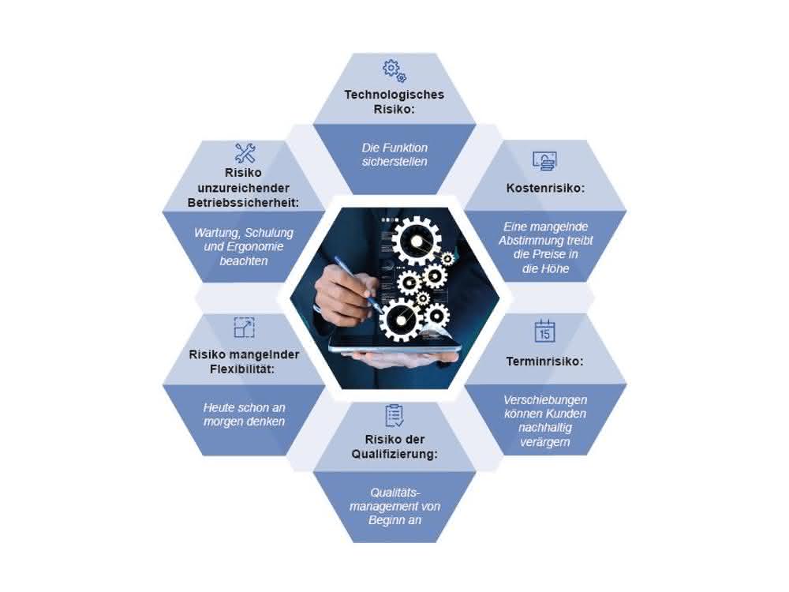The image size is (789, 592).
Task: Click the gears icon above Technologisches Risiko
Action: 394,71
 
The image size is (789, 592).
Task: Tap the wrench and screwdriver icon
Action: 245,153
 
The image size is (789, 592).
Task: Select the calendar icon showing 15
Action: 544,332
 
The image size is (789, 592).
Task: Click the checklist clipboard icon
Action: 394,415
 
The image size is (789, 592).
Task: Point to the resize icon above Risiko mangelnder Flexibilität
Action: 245,328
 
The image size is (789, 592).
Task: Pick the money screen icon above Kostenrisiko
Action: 544,160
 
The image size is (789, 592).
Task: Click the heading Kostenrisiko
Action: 545,189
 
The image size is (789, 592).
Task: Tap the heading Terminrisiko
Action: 545,362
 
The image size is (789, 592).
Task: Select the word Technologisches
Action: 394,96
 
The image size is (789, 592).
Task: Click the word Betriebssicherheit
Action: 243,203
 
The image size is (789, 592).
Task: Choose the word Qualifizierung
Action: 394,454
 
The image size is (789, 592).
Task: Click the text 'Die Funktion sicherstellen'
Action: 394,155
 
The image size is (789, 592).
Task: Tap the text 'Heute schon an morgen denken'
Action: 244,414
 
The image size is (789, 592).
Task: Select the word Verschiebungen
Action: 545,400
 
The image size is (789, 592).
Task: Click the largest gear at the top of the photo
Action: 416,242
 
